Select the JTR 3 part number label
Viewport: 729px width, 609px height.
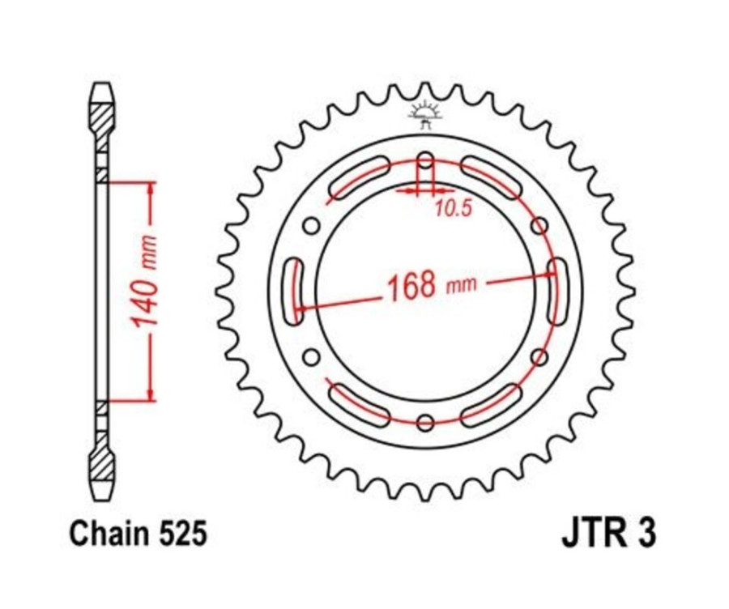[x=607, y=534]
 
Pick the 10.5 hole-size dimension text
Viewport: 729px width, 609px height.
[x=452, y=210]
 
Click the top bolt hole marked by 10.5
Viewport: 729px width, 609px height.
[x=425, y=160]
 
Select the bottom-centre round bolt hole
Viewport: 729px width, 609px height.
[x=425, y=421]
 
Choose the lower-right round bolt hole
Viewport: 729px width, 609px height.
[x=539, y=356]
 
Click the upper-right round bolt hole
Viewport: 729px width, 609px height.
[x=539, y=226]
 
